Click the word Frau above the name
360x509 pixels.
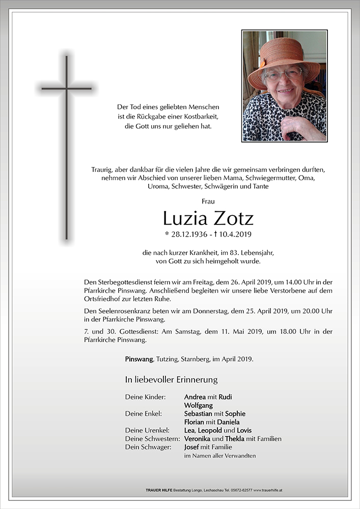(x=208, y=202)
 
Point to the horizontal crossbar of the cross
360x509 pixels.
(x=66, y=89)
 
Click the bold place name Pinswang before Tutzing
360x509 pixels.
(x=139, y=359)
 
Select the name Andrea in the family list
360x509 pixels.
(x=195, y=397)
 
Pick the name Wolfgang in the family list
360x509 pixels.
(x=199, y=405)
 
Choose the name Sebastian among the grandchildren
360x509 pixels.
(x=198, y=413)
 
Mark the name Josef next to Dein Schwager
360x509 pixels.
(x=192, y=446)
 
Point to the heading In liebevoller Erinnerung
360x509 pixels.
(x=171, y=379)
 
